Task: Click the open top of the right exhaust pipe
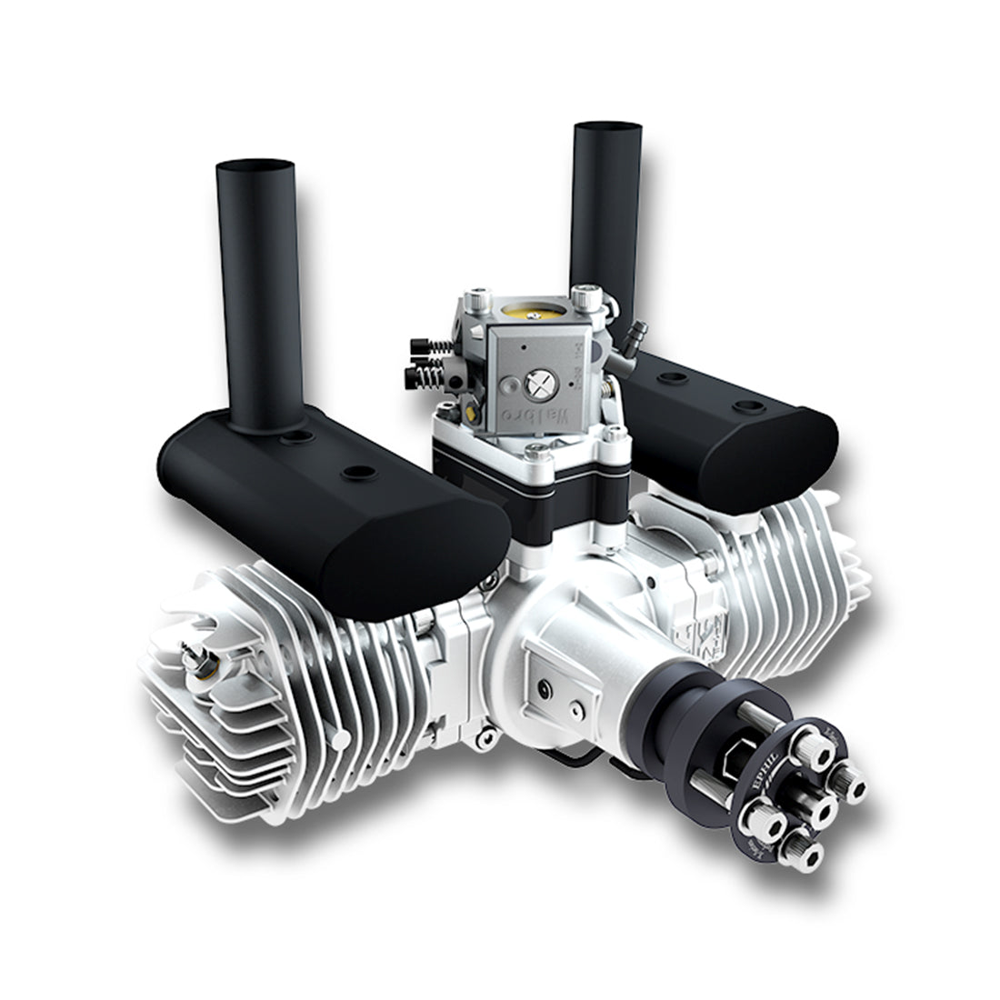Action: (607, 128)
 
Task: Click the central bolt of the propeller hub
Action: (824, 809)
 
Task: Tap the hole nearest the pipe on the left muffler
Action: (296, 438)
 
